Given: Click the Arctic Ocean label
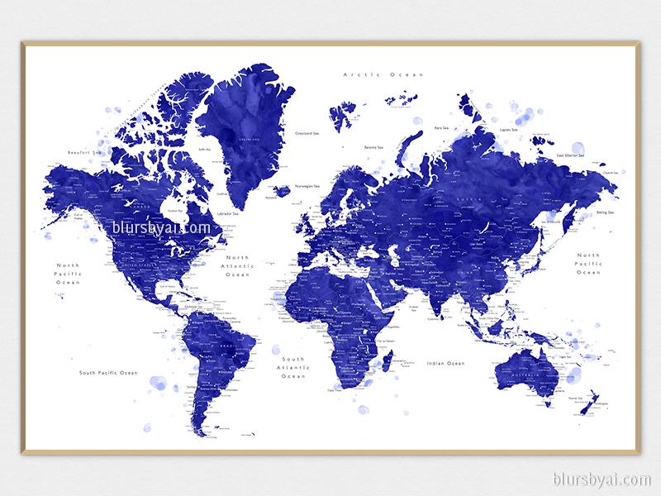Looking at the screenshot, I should [383, 74].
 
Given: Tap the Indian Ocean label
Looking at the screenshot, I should [445, 363].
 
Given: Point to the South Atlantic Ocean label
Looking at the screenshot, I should [292, 368].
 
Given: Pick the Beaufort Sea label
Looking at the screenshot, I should [83, 152].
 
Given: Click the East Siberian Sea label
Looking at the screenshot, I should [569, 155].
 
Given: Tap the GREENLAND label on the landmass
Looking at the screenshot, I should [245, 141].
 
